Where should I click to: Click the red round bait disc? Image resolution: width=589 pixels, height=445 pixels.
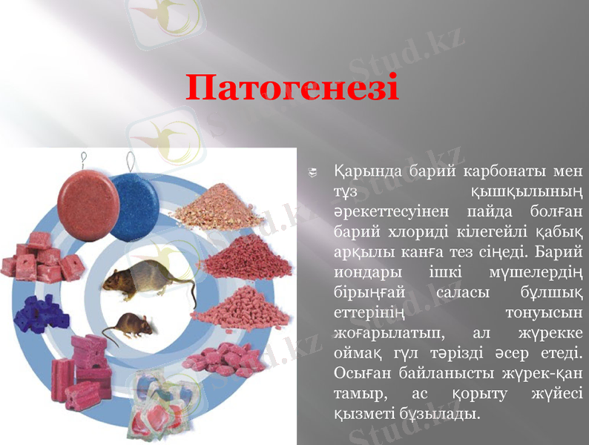coord(88,200)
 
